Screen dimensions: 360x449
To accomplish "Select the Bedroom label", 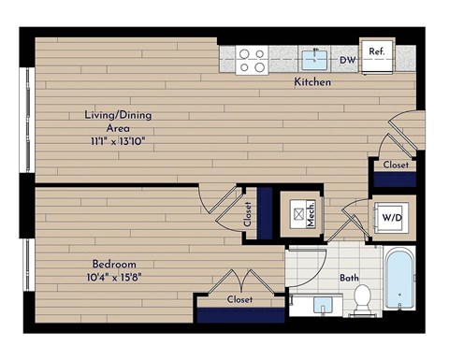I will pos(114,264).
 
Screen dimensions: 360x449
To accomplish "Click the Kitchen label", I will pos(312,82).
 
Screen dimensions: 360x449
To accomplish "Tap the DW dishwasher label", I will pos(347,62).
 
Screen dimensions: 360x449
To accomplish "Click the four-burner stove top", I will pos(251,61).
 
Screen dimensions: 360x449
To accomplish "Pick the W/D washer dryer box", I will pos(390,219).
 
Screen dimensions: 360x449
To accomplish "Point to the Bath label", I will pos(348,278).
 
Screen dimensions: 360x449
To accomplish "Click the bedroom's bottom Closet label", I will pos(239,299).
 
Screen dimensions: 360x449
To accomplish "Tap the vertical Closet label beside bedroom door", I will pos(248,215).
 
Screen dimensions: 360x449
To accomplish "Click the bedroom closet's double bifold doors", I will pos(239,281).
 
